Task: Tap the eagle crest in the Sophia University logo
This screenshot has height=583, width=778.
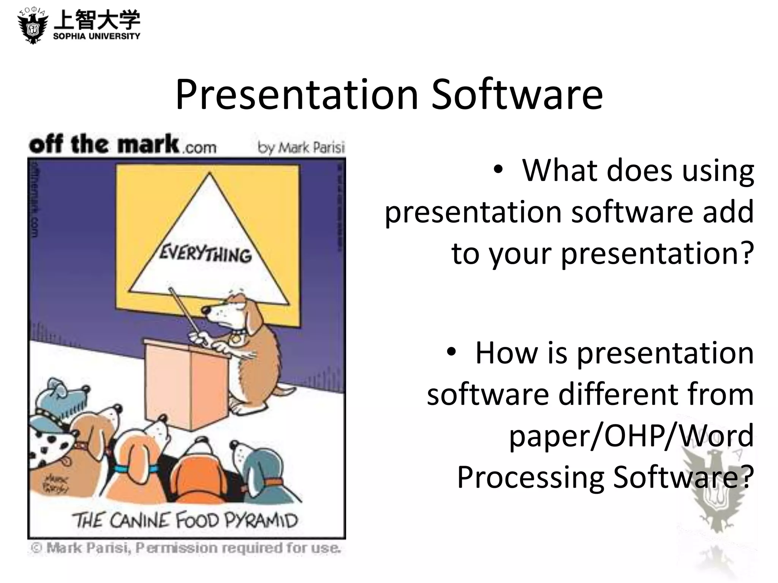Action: tap(33, 27)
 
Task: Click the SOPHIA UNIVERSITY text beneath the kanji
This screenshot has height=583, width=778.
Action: tap(96, 36)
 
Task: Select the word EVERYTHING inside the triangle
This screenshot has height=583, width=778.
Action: tap(206, 254)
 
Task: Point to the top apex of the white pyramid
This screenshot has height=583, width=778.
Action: tap(209, 174)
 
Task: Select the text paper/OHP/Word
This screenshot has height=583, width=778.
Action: tap(631, 435)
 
